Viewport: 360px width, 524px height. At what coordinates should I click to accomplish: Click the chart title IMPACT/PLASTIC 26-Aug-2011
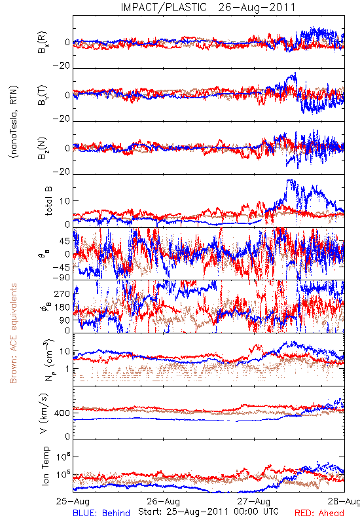208,7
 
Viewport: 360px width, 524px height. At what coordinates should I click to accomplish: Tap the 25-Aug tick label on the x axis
73,501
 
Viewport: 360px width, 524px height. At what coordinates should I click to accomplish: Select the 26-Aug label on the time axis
163,501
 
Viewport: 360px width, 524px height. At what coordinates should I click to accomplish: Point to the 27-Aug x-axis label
254,501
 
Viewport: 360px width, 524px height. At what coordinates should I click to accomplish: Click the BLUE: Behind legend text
101,513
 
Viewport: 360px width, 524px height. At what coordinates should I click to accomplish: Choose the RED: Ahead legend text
319,513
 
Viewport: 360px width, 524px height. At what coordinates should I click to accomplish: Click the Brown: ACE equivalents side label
13,333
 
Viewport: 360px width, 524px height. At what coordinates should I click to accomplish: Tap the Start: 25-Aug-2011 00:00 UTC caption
208,512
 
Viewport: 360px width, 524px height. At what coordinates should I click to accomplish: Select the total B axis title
48,200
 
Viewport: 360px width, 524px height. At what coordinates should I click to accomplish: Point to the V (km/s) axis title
44,413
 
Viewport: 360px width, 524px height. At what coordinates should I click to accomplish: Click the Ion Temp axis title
45,466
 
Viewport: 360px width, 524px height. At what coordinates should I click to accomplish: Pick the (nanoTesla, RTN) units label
14,122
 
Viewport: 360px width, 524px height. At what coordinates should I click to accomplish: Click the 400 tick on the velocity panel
62,413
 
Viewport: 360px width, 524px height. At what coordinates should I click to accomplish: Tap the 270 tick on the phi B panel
62,293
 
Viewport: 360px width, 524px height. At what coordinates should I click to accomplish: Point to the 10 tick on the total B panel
65,201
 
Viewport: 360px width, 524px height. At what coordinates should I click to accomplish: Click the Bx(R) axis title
43,43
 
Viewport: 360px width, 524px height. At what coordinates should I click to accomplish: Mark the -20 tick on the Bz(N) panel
62,172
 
